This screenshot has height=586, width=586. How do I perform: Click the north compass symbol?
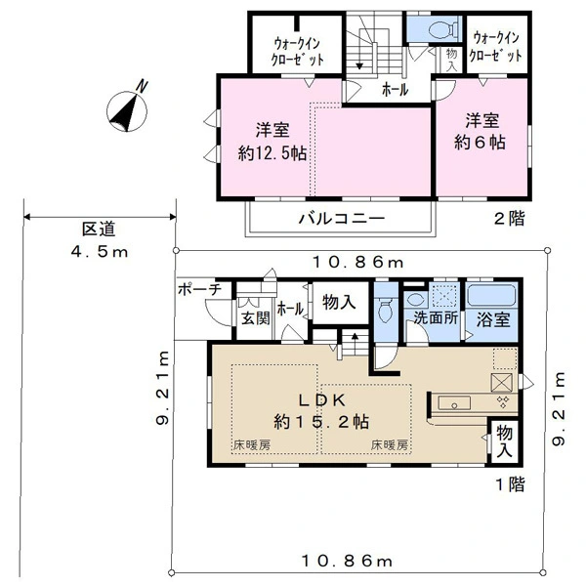coord(128,108)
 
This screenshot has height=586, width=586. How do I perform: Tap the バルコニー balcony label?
coord(341,218)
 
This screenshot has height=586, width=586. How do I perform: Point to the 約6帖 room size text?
coord(482,142)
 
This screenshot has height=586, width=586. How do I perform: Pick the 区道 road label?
coord(98,230)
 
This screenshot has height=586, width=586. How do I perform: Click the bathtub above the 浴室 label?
coord(492,296)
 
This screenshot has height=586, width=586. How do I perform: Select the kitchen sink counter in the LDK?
coord(455,403)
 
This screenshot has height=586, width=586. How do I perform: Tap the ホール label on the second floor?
coord(394,90)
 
